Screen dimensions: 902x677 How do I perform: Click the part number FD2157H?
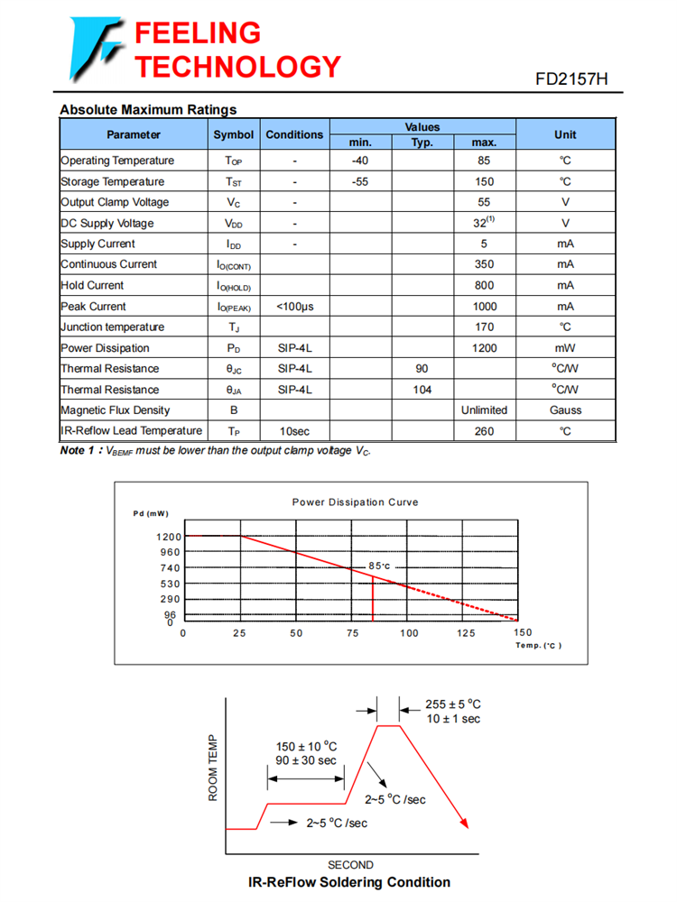click(571, 79)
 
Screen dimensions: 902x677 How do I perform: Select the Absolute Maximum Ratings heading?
click(148, 110)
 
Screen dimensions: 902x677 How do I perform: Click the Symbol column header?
click(234, 134)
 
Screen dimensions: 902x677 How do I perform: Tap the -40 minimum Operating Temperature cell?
click(360, 161)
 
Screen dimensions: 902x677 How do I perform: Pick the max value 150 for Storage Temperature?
click(484, 181)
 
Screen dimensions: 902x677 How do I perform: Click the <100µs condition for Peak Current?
click(294, 307)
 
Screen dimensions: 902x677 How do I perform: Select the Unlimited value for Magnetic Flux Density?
click(484, 410)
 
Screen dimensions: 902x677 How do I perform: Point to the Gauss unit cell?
click(565, 410)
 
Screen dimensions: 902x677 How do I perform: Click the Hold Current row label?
click(92, 285)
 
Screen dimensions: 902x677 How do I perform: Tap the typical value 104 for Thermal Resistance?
click(422, 390)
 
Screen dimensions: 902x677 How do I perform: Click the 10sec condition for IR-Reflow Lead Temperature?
click(294, 431)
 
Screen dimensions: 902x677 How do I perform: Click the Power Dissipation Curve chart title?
click(355, 502)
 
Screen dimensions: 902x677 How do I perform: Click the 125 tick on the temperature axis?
click(466, 633)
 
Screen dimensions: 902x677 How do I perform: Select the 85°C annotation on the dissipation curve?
click(378, 566)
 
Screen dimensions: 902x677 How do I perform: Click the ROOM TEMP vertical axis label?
click(214, 768)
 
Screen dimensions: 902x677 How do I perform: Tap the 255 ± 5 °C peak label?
click(453, 704)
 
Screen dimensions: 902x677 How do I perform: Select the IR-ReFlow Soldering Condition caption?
click(349, 882)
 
